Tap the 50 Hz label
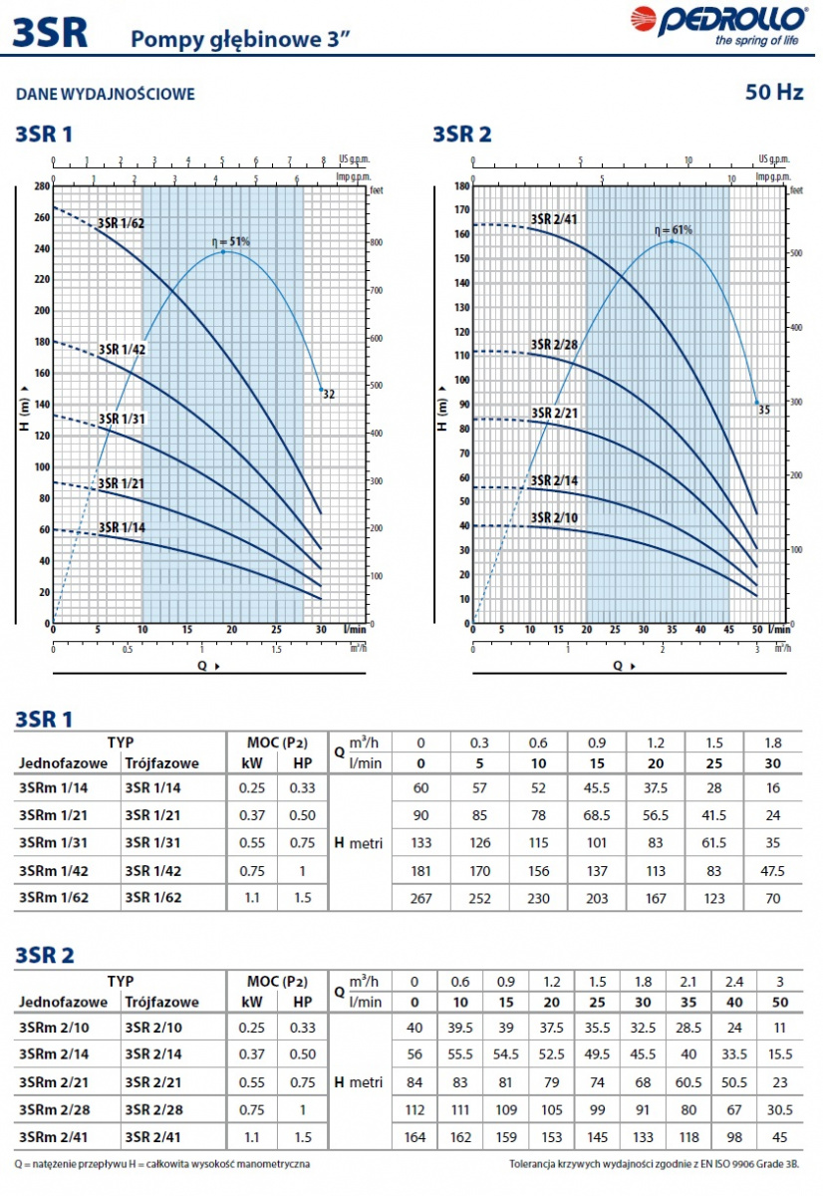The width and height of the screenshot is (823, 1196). point(774,93)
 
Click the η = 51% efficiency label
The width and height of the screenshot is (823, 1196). point(230,241)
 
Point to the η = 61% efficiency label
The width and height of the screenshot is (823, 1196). point(674,230)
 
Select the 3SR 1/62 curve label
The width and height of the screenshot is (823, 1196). point(121,223)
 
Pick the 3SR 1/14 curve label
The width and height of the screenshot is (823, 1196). point(122,527)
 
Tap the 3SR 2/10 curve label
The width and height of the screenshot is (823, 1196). point(555,516)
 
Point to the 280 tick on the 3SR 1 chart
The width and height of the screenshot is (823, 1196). point(40,186)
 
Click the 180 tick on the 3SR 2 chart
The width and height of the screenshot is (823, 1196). point(461,186)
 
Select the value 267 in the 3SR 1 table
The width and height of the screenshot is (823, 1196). point(419,898)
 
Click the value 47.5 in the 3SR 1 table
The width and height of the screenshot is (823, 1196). point(772,870)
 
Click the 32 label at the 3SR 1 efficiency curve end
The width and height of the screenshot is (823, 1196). point(329,395)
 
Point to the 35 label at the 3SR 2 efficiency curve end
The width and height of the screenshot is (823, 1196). point(764,409)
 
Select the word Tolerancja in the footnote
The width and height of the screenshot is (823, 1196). point(538,1163)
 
